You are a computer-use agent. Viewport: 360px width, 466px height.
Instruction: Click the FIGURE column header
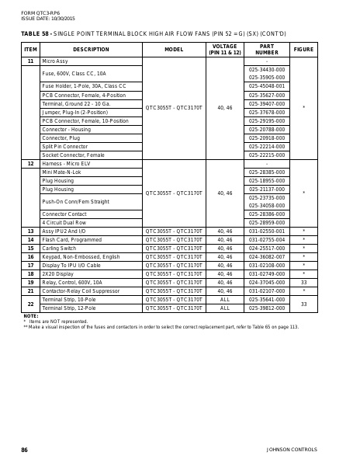(x=303, y=49)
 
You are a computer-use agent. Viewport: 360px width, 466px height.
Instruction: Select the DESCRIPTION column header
(x=91, y=49)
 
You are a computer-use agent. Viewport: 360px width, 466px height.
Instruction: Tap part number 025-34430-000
(x=267, y=69)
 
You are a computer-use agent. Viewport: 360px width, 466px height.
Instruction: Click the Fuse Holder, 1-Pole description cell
(x=84, y=86)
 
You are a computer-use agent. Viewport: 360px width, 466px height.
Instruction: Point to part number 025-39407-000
(x=267, y=103)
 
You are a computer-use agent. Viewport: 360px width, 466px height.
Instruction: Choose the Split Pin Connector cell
(x=64, y=146)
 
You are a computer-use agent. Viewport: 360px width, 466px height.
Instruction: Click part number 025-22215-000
(x=267, y=155)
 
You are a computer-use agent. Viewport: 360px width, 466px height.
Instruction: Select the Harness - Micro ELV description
(x=67, y=163)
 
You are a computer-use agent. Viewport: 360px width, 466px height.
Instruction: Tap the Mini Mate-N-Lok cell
(x=63, y=172)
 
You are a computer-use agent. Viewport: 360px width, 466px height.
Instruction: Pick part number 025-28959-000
(x=267, y=222)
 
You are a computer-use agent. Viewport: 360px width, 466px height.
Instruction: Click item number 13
(x=30, y=231)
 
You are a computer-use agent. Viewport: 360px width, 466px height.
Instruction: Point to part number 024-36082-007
(x=267, y=256)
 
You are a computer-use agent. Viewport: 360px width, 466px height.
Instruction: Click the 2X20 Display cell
(x=57, y=273)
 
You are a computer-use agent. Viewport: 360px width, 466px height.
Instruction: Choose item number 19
(x=30, y=282)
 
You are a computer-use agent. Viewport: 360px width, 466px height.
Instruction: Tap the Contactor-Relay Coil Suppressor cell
(x=82, y=290)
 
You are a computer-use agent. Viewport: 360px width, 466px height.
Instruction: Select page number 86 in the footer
(x=24, y=450)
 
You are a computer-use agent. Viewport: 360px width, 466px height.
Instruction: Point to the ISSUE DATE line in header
(x=43, y=18)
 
